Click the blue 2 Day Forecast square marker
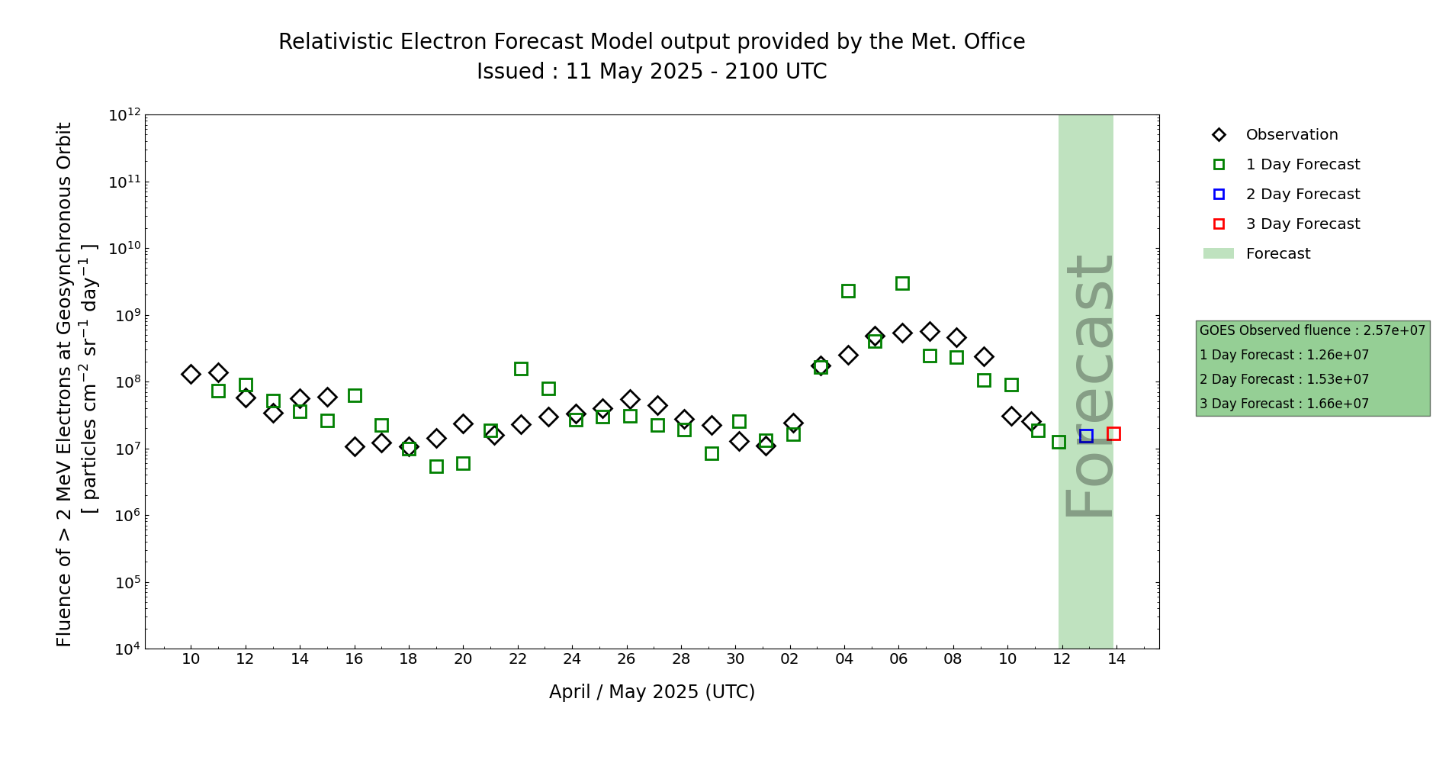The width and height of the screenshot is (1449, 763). click(1086, 436)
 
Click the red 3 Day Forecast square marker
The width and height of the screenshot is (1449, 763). click(1113, 433)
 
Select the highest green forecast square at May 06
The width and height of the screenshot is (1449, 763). click(902, 283)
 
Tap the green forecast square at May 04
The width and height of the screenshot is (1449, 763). click(848, 291)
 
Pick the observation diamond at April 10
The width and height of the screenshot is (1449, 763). click(191, 374)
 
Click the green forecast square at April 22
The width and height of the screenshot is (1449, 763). click(521, 369)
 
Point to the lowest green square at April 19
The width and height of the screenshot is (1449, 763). click(436, 466)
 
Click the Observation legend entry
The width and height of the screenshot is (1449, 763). click(1291, 135)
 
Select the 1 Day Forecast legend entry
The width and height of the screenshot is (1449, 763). click(1303, 165)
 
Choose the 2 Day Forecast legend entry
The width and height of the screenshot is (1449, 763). click(1303, 195)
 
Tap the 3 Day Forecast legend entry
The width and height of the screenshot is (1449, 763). click(1303, 224)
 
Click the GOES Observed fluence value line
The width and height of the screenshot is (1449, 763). click(1312, 330)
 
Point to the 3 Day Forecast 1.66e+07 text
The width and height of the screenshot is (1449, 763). click(1284, 404)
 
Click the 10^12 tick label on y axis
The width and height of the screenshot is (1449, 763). click(124, 115)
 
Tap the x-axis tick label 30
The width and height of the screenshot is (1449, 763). click(735, 659)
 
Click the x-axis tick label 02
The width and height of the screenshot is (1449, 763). click(790, 659)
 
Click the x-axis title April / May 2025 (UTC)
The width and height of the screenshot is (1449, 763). click(652, 692)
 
